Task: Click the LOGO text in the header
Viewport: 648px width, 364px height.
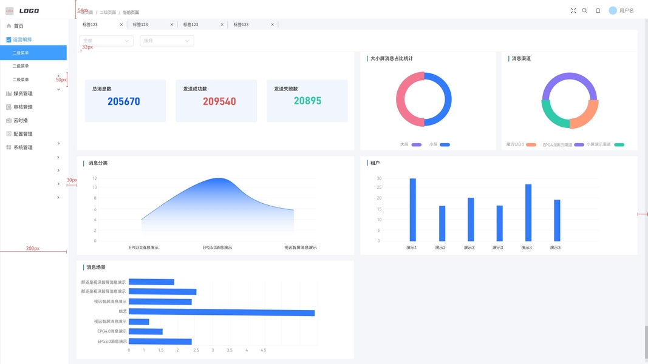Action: [x=29, y=11]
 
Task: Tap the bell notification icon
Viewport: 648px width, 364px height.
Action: [x=598, y=10]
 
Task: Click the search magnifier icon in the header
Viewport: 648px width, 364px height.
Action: [x=585, y=10]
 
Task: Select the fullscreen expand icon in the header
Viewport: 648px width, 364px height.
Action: [x=573, y=10]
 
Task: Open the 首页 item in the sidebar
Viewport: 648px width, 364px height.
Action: [x=18, y=26]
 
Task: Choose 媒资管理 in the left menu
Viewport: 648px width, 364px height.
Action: [x=23, y=93]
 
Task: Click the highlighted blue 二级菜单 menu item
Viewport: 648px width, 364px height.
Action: [x=33, y=53]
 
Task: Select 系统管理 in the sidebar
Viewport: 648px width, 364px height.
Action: [x=23, y=147]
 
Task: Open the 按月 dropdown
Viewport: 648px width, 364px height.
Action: [x=166, y=41]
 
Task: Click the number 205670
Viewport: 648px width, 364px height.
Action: [x=124, y=101]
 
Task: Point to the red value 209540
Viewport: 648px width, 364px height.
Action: [x=219, y=101]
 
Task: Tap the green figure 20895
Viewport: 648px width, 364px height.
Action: [x=307, y=101]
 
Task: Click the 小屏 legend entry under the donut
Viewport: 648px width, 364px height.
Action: [x=439, y=144]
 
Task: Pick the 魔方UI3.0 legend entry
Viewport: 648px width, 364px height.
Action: [x=521, y=144]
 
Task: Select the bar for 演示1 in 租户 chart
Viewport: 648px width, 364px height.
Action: [x=413, y=209]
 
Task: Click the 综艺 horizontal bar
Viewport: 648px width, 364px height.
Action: [x=222, y=313]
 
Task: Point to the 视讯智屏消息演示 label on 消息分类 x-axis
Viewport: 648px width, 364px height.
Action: [x=300, y=248]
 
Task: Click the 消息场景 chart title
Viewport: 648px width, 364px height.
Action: [x=96, y=267]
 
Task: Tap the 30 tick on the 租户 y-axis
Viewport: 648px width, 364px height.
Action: [x=379, y=178]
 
